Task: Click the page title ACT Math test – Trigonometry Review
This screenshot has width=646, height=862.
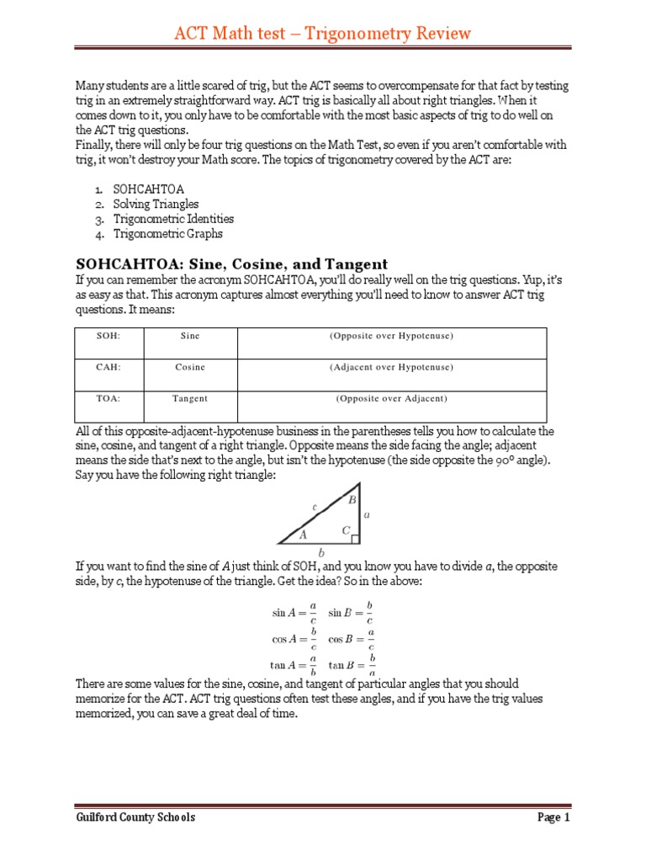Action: (x=322, y=33)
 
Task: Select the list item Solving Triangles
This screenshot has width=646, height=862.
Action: (x=156, y=204)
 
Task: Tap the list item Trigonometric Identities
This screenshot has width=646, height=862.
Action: (x=173, y=219)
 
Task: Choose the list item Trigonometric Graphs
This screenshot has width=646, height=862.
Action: (x=167, y=234)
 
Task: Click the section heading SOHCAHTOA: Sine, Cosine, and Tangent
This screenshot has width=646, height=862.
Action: (x=231, y=264)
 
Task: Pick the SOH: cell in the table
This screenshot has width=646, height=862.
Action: (x=109, y=336)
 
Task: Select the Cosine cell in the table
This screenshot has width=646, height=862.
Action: (x=190, y=367)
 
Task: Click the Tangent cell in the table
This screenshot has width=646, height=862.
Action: (x=190, y=398)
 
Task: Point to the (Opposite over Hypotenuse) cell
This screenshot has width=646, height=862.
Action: (x=391, y=336)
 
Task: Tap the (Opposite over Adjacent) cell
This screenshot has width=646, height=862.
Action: (x=391, y=398)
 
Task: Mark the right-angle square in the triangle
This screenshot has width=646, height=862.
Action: (x=356, y=539)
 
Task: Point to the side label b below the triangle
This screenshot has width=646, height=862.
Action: (x=320, y=553)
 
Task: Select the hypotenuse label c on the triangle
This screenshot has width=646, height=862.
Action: (x=314, y=507)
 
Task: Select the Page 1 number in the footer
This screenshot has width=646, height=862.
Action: (x=553, y=817)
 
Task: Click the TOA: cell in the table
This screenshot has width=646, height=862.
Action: (x=109, y=398)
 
